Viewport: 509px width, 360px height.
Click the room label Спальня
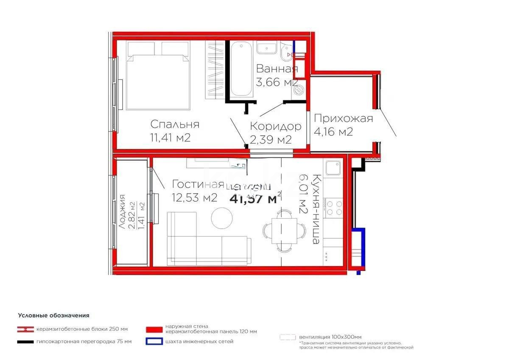175,124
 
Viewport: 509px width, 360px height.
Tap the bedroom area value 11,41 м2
170,138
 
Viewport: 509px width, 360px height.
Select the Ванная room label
277,69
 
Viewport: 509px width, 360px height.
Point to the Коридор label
275,126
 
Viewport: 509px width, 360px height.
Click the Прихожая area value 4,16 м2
333,132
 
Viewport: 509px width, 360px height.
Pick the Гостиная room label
198,184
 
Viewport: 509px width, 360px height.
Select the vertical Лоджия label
123,212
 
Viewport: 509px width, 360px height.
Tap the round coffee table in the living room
222,217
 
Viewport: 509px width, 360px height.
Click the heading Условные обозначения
53,315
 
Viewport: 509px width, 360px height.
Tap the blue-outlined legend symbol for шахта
154,341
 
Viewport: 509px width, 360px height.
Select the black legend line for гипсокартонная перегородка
25,342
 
